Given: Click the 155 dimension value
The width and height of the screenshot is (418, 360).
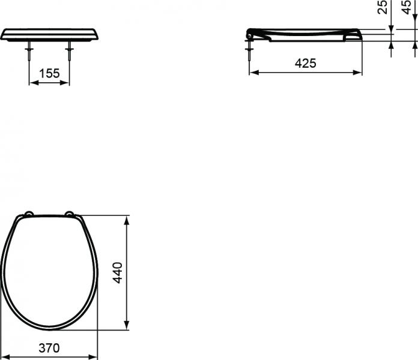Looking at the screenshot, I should (x=49, y=73).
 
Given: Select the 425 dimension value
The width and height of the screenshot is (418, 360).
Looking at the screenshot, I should (x=305, y=63).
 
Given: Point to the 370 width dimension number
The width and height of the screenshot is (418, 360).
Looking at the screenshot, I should (x=49, y=347).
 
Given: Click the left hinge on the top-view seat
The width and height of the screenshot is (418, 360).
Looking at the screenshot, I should (x=28, y=214).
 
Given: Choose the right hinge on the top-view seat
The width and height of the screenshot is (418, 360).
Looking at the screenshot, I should (x=70, y=214).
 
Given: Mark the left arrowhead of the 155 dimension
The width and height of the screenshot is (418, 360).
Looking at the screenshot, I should (x=32, y=83).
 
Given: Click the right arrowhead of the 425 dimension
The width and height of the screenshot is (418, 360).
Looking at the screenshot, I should (x=359, y=73).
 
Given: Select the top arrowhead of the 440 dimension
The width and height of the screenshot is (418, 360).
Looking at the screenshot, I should (x=126, y=218).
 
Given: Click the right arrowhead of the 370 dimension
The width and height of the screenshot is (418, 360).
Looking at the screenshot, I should (x=94, y=357).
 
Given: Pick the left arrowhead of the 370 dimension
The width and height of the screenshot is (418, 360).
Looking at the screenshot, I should (x=4, y=357).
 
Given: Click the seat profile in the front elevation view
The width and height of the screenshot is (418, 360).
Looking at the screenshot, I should (x=49, y=34).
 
